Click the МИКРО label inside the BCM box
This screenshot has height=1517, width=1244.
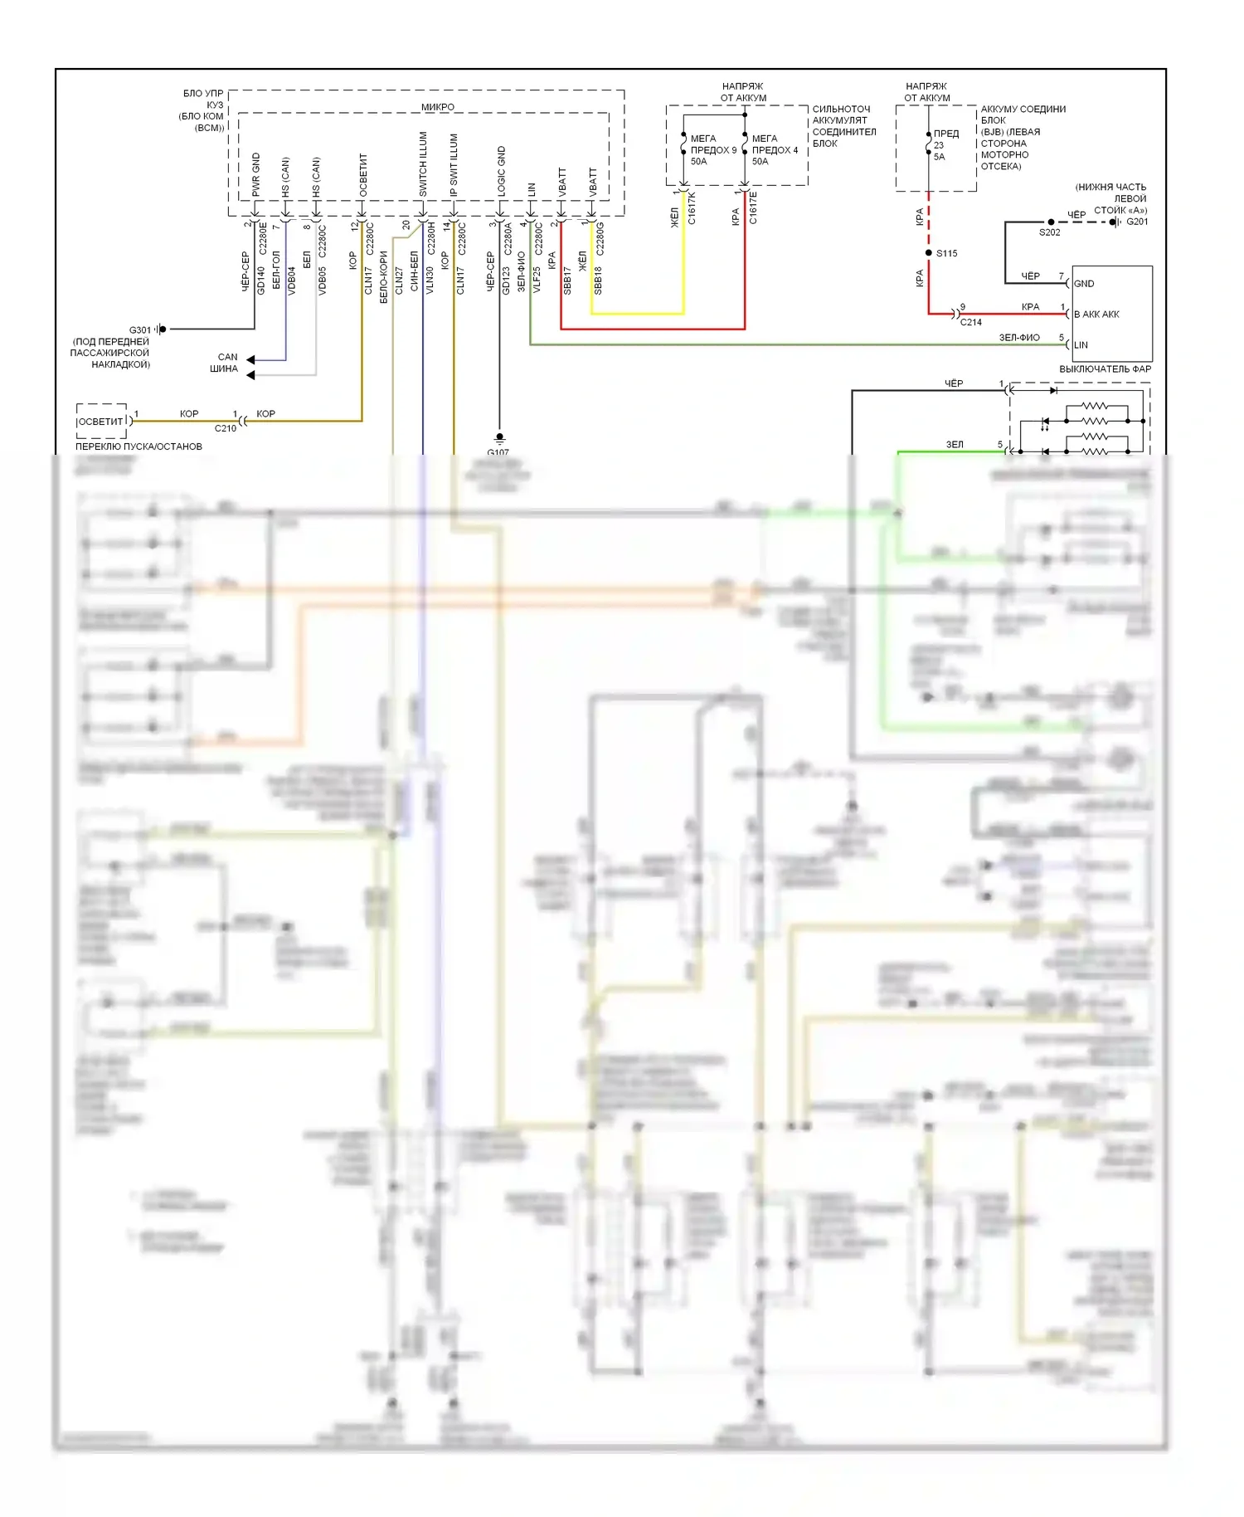[437, 107]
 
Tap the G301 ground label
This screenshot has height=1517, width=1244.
[139, 329]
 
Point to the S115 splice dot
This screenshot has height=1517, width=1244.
[928, 253]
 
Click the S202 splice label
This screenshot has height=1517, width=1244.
[1049, 233]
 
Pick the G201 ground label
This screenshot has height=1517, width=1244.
[1137, 222]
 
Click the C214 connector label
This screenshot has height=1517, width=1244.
[971, 322]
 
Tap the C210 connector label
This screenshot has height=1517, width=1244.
[225, 429]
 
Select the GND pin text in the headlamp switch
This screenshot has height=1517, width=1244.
[1084, 284]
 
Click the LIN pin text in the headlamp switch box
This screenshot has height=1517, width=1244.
[1081, 345]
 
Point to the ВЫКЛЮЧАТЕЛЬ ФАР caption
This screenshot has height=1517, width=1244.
[1105, 369]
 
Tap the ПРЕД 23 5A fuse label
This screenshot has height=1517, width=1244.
[945, 145]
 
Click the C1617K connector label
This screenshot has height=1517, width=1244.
[692, 208]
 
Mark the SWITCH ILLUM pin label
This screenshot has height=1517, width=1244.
[423, 164]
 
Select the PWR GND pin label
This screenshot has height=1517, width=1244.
[256, 174]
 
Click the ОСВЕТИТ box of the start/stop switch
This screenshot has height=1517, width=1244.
[101, 422]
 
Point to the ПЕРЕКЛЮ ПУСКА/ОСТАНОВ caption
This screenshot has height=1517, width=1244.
[138, 446]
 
